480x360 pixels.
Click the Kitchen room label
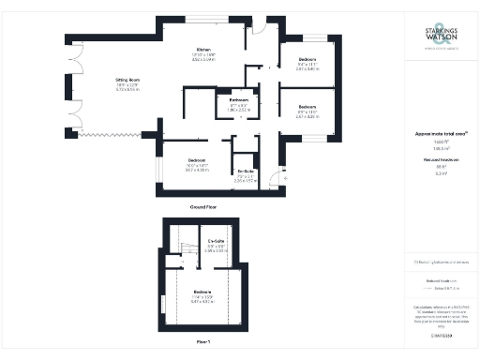tap(202, 49)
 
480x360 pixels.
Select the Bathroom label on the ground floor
tap(239, 98)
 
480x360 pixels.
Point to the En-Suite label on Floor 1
tap(216, 241)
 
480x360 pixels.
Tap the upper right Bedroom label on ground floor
tap(307, 60)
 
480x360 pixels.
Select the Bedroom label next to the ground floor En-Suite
tap(196, 160)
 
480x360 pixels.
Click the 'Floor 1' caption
tap(202, 343)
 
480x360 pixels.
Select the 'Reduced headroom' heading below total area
tap(440, 162)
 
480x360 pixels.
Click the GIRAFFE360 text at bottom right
tap(441, 335)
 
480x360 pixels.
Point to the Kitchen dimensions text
tap(202, 58)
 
